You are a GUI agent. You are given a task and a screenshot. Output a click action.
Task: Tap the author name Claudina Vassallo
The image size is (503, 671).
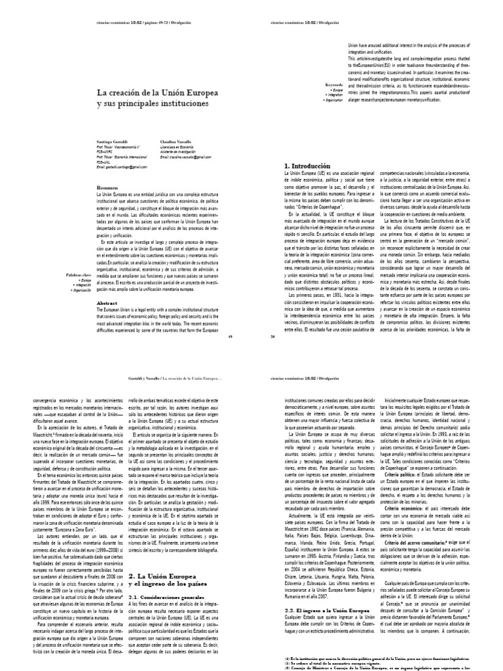(176, 141)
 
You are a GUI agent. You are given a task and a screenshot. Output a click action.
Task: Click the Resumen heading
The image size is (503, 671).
(107, 187)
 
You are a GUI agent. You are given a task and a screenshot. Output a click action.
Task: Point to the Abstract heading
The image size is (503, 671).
(107, 303)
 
